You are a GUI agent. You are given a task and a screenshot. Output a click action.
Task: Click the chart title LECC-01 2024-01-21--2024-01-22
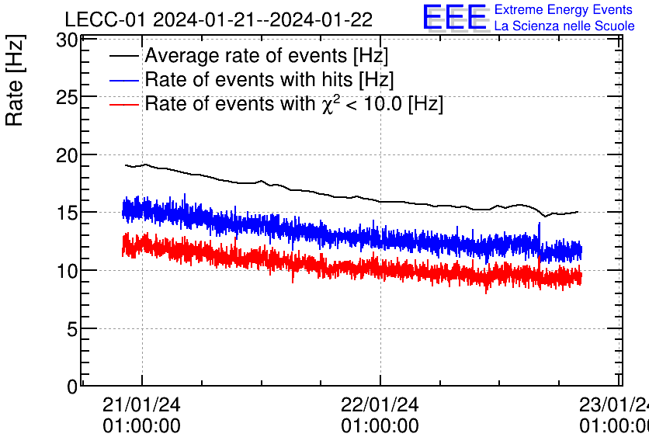coord(218,19)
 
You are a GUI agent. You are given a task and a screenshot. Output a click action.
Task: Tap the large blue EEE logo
coord(455,18)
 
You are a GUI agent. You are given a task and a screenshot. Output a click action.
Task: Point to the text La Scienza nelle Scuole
coord(564,26)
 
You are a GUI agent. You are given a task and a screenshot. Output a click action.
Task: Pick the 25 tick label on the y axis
coord(67,97)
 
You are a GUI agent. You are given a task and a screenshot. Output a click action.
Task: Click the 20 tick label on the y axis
coord(67,155)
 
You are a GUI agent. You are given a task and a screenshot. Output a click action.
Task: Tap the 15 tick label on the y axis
coord(67,213)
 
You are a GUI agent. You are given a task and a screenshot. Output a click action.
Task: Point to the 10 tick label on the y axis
coord(67,271)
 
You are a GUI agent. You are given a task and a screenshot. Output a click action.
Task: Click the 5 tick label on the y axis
coord(71,329)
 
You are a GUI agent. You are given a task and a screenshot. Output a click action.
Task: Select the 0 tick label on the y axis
coord(71,385)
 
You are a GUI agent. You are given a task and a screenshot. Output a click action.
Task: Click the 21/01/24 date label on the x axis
coord(141,405)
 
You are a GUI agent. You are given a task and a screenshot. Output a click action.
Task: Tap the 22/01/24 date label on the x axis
coord(380,405)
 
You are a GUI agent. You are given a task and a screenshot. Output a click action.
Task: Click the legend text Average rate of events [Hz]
coord(266,57)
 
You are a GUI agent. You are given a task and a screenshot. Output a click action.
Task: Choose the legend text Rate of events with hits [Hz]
coord(269,80)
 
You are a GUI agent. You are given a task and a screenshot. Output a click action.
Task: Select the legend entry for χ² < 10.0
coord(293,104)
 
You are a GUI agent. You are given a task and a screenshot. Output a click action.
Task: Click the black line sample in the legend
coord(124,57)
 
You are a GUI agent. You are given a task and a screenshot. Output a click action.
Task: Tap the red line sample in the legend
coord(124,104)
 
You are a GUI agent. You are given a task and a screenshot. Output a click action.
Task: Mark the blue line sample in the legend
coord(124,80)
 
